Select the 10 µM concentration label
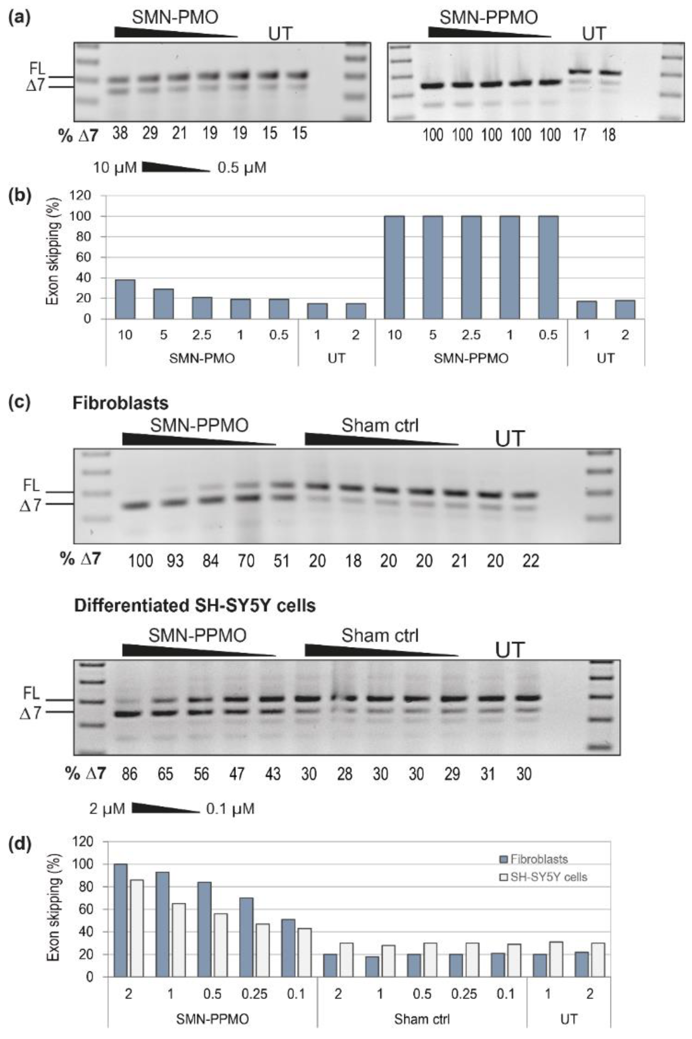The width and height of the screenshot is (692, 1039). (115, 168)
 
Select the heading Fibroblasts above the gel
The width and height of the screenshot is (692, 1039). (120, 403)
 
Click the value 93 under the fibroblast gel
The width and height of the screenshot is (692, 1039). (175, 561)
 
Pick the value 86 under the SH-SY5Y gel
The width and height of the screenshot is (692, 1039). (130, 774)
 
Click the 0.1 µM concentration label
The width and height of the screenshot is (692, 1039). (230, 809)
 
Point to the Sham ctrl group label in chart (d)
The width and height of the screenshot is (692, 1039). (422, 1019)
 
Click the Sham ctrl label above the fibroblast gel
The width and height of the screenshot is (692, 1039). (379, 426)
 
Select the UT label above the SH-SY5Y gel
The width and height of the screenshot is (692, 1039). (510, 650)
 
